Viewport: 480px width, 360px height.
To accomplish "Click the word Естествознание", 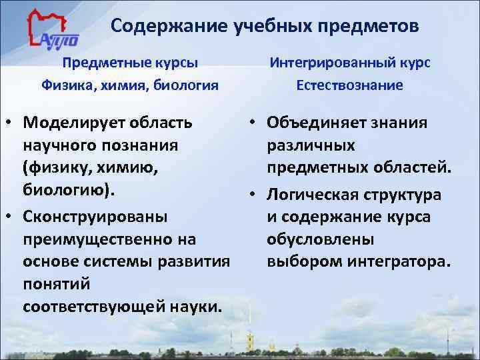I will pos(349,85).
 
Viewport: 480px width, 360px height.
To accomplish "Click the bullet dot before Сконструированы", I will pos(11,217).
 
